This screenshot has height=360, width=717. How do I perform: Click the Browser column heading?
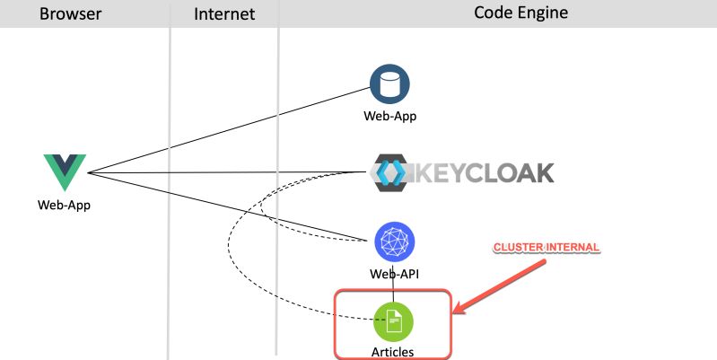click(70, 13)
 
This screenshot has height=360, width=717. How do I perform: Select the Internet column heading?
click(224, 13)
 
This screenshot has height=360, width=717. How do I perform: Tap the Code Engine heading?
click(520, 13)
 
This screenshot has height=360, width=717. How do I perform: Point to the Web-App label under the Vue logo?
click(64, 204)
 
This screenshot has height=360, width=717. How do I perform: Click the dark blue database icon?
click(390, 84)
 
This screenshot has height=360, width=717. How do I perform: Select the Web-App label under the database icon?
click(390, 115)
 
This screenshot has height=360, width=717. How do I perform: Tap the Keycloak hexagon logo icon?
click(391, 173)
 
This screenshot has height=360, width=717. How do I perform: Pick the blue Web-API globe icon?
click(394, 241)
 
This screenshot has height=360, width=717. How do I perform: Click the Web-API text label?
click(394, 274)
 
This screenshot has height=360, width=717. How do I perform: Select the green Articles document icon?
click(393, 320)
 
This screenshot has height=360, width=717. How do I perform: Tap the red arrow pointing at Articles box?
click(503, 285)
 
